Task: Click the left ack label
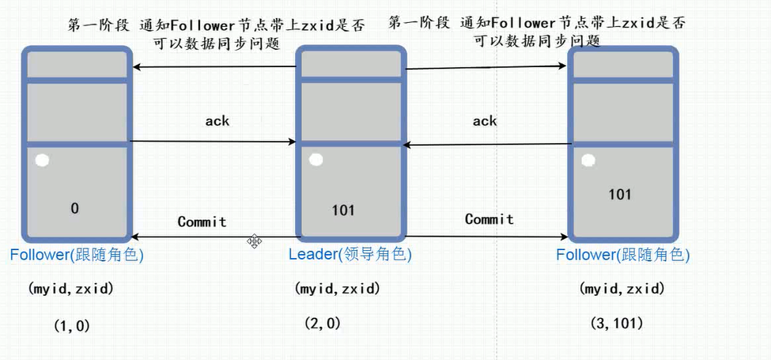pyautogui.click(x=217, y=121)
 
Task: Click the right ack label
pyautogui.click(x=485, y=121)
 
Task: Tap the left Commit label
pyautogui.click(x=202, y=222)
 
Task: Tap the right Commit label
pyautogui.click(x=489, y=219)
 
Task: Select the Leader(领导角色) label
pyautogui.click(x=350, y=255)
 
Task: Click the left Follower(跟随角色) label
pyautogui.click(x=77, y=255)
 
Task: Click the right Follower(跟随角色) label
pyautogui.click(x=622, y=256)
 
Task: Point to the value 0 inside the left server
pyautogui.click(x=74, y=209)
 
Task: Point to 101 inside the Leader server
pyautogui.click(x=343, y=210)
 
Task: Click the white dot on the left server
pyautogui.click(x=42, y=161)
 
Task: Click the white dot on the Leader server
pyautogui.click(x=316, y=161)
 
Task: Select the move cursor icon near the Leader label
pyautogui.click(x=255, y=240)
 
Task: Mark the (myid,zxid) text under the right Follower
pyautogui.click(x=622, y=290)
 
